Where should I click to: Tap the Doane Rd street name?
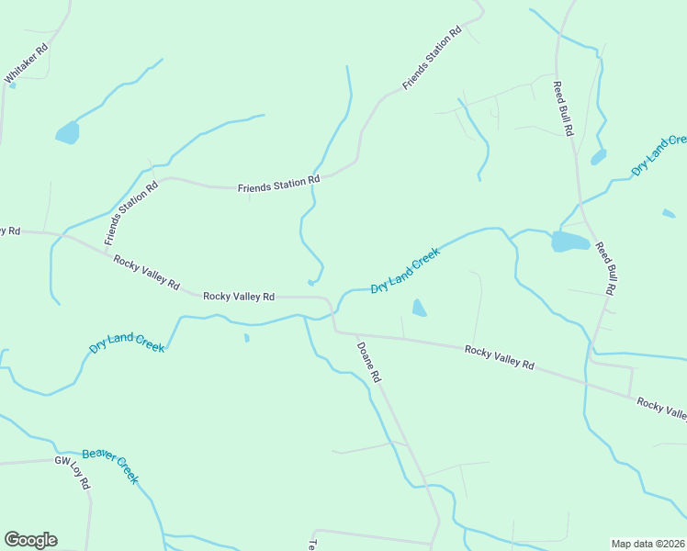coord(368,362)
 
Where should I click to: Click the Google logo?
coord(30,540)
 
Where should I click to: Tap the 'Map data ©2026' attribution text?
coord(648,543)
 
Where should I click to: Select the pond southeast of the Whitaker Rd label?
coord(67,133)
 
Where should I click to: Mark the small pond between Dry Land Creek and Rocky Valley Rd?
coord(419,308)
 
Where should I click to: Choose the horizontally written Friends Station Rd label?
coord(278,186)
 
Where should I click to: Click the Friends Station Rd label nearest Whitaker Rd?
coord(132,212)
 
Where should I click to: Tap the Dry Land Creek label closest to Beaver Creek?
coord(127,344)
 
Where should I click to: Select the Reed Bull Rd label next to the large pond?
coord(604,267)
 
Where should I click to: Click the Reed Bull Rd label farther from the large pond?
coord(562,108)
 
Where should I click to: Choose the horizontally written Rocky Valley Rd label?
coord(239,297)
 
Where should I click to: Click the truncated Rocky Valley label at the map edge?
coord(661,409)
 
